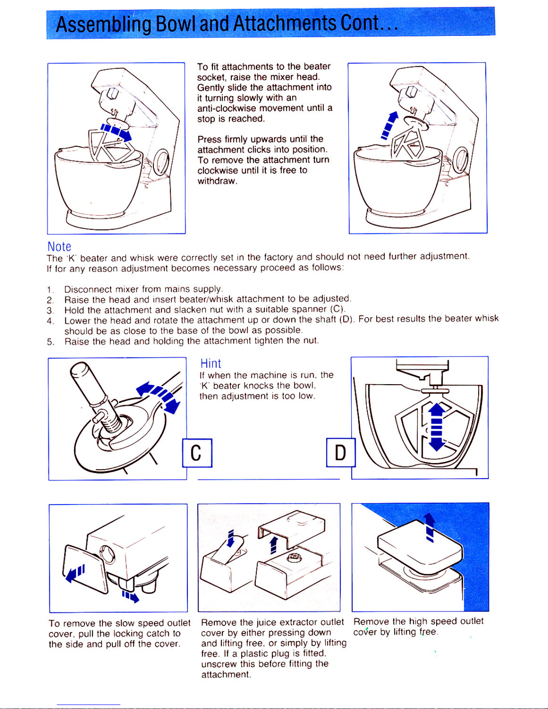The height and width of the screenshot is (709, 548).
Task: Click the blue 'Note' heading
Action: [59, 246]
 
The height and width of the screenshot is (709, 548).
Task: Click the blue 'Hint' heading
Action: [211, 364]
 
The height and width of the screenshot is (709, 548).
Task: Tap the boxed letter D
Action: [340, 453]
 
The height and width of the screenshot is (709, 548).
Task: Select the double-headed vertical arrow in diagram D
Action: [437, 427]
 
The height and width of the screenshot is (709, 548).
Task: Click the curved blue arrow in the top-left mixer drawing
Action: [116, 131]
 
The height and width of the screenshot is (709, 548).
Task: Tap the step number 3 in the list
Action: [50, 310]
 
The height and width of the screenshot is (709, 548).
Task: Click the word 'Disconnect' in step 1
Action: [88, 289]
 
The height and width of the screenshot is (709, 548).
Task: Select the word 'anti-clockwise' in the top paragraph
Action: [227, 108]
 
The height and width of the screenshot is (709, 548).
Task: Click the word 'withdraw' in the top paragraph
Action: [216, 181]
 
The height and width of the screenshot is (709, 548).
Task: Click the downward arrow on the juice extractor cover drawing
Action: [231, 539]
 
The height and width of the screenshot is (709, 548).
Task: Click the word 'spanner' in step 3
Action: [310, 309]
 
